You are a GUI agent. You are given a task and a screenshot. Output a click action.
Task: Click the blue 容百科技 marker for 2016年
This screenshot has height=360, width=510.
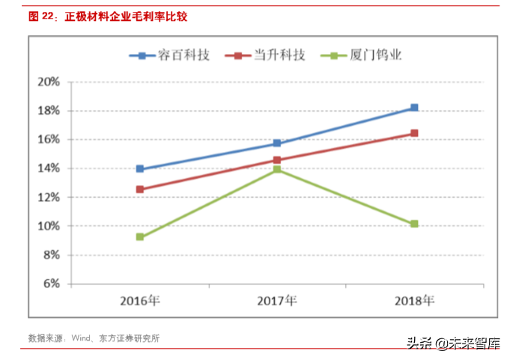tap(140, 169)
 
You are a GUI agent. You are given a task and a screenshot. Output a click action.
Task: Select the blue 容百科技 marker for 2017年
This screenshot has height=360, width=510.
tap(277, 143)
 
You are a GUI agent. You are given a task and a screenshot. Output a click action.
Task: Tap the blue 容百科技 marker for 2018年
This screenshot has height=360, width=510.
tap(414, 108)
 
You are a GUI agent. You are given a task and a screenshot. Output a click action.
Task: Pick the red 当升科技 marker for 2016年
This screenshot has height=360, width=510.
tap(140, 189)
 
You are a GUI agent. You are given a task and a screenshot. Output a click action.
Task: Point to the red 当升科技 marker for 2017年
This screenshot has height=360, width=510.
tap(277, 160)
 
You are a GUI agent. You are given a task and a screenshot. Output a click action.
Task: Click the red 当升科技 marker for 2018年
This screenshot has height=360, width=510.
tap(414, 133)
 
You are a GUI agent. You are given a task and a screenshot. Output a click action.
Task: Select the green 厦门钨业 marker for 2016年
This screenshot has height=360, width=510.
tap(140, 237)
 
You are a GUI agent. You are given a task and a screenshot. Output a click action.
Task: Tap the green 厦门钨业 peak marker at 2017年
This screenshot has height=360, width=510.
tap(277, 170)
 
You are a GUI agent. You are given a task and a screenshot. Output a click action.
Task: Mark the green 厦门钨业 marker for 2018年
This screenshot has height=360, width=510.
tap(414, 224)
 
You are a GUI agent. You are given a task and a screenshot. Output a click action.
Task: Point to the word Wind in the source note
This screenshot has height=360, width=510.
tap(82, 338)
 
